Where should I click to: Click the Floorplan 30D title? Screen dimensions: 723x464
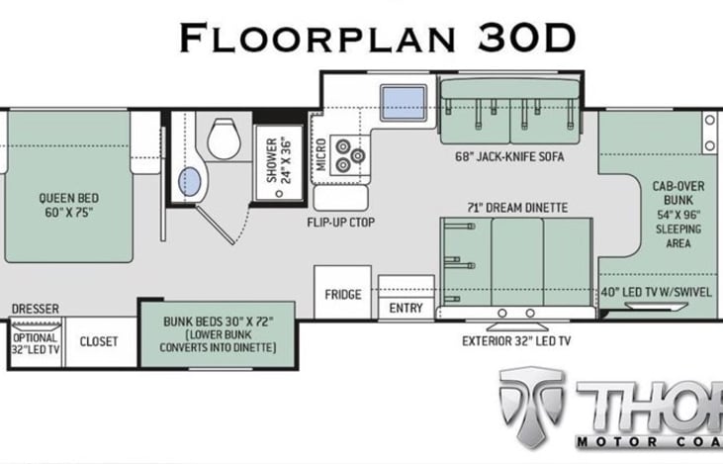[378, 38]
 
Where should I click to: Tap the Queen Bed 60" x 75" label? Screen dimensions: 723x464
[69, 205]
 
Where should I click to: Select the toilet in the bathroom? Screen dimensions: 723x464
[225, 139]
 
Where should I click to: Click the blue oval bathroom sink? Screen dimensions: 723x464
[190, 182]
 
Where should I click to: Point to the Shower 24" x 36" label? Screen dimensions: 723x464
[279, 160]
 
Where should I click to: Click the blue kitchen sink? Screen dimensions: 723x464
[404, 102]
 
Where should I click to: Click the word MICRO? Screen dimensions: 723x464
[320, 154]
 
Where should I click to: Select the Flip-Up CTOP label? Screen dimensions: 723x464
[341, 223]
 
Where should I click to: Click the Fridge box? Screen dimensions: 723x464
[342, 292]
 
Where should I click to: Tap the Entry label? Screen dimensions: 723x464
[406, 308]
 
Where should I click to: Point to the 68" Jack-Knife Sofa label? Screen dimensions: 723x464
[509, 157]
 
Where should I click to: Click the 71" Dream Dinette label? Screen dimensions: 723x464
[517, 208]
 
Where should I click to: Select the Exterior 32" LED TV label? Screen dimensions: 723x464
[516, 341]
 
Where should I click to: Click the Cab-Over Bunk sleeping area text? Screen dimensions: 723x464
[678, 215]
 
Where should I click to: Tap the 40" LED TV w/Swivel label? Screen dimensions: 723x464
[657, 292]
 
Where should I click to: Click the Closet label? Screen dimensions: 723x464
[99, 341]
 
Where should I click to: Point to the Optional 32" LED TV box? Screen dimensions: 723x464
[36, 343]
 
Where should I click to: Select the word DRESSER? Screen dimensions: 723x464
[36, 309]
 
